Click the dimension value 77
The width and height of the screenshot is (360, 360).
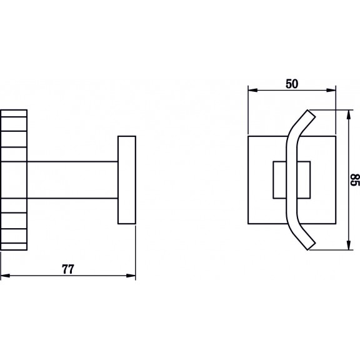68,269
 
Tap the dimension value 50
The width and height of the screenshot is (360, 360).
292,84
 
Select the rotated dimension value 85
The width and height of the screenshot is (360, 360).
355,180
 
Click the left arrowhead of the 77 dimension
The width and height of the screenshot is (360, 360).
5,276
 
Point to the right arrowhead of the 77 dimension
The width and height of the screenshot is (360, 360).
131,276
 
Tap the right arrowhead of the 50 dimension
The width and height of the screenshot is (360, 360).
331,90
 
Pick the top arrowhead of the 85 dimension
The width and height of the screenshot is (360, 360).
349,114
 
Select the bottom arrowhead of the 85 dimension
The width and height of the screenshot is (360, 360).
349,245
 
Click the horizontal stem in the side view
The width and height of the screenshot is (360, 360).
72,180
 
